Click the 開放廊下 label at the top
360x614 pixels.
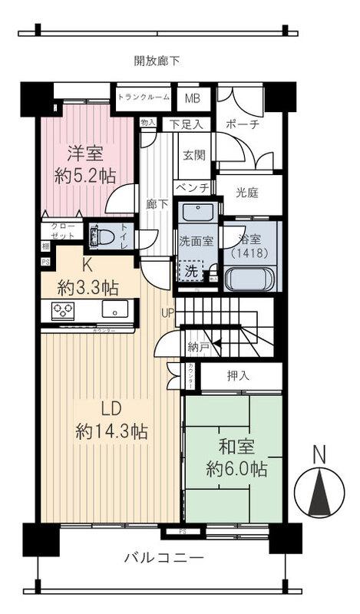click(157, 61)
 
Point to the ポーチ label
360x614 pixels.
click(244, 124)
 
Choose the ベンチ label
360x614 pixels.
click(193, 187)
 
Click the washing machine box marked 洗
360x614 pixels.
click(190, 271)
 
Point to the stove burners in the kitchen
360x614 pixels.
click(62, 310)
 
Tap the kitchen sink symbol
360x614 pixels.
click(116, 309)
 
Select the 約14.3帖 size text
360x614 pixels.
click(111, 431)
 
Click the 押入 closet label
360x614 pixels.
click(238, 376)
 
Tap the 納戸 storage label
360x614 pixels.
click(199, 347)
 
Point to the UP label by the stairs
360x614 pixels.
click(168, 312)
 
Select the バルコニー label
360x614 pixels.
click(163, 558)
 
